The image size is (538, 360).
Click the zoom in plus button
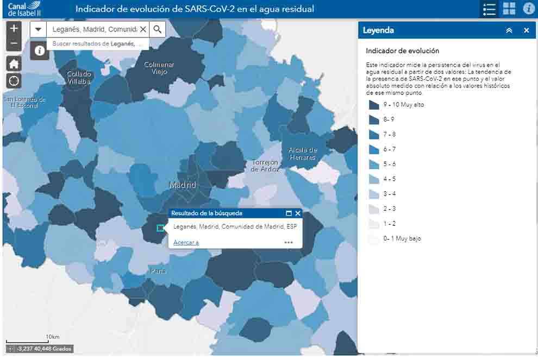click(14, 29)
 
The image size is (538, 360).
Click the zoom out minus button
click(14, 43)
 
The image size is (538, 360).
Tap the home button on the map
click(14, 64)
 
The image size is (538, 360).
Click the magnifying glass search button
click(158, 29)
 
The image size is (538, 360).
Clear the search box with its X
click(143, 29)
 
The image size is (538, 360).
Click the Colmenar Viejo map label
click(159, 68)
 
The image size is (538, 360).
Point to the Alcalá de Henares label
click(303, 154)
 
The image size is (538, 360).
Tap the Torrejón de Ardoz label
click(266, 166)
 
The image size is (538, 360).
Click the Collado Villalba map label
click(79, 78)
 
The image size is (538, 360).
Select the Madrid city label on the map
click(182, 185)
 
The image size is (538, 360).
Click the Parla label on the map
click(158, 271)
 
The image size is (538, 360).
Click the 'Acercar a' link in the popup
click(186, 243)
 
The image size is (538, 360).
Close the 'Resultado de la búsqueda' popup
click(298, 213)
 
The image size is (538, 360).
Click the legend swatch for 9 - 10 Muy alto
click(374, 105)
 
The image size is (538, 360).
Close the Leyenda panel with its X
click(526, 30)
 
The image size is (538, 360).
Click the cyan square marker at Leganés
click(160, 228)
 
